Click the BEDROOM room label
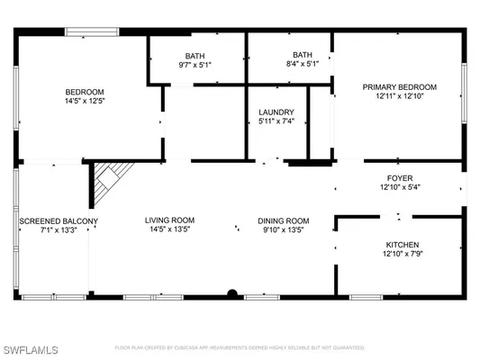tap(85, 92)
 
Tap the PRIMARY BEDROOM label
tap(399, 87)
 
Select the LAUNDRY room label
tap(277, 112)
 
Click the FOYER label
tap(402, 177)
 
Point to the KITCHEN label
tap(402, 245)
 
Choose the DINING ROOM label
tap(284, 220)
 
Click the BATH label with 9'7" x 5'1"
tap(195, 54)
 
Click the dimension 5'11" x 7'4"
tap(277, 123)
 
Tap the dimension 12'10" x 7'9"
tap(402, 255)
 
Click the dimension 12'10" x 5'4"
tap(402, 187)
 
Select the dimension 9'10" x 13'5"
tap(284, 230)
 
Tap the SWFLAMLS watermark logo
tap(31, 346)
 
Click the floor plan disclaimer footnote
tap(240, 346)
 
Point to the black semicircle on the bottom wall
tap(232, 293)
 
